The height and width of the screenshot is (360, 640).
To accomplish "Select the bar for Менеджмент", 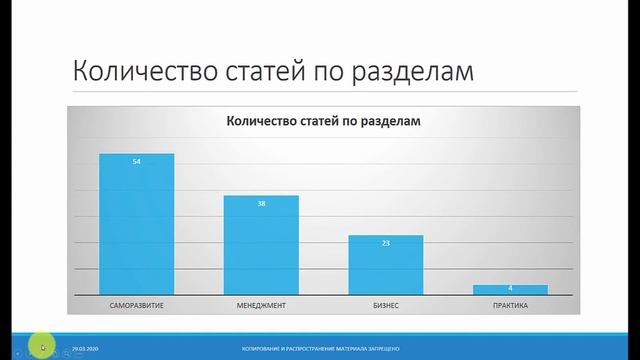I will tap(260, 244).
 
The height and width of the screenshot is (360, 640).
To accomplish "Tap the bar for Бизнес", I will tap(385, 264).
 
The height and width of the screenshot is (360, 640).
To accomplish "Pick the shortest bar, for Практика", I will tap(510, 289).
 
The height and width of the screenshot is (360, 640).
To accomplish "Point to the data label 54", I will tap(136, 161).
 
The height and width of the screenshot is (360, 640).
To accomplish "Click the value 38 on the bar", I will tap(260, 203).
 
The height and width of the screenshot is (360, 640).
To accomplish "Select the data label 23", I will tap(385, 243).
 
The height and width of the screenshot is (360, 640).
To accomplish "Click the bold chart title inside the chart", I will tap(323, 122).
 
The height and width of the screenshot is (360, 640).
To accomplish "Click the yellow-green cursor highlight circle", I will tap(40, 346).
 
